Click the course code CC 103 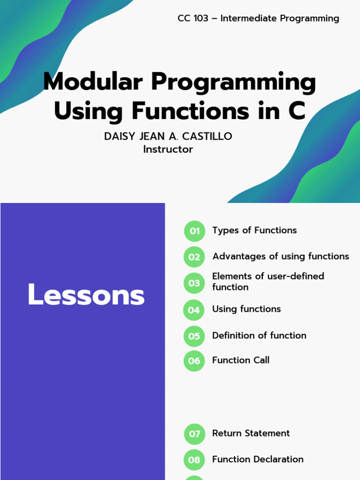193,18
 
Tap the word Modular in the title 93,82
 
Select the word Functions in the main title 190,111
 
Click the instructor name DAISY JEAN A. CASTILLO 168,136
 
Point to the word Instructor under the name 168,150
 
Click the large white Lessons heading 86,294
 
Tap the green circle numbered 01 195,231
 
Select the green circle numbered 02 194,257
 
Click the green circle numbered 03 194,283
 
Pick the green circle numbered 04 194,310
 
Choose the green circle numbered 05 194,336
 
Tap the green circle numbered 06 194,361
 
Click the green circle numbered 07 195,434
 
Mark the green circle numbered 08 194,460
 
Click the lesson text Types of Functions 255,230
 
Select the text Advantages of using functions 281,256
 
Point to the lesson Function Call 241,360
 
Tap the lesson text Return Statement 251,433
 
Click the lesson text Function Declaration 258,459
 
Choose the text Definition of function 259,336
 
